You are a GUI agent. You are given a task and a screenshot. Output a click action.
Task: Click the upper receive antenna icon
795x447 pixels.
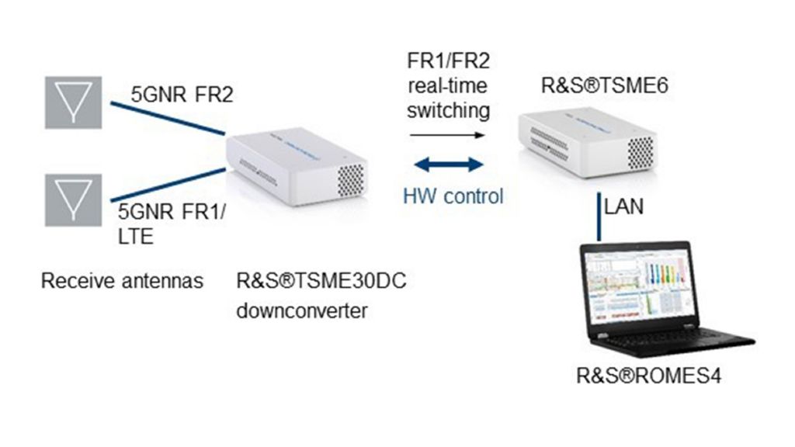point(73,102)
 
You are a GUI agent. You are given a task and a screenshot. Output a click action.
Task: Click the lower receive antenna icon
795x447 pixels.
point(73,199)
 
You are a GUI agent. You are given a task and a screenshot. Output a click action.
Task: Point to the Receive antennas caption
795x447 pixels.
point(122,280)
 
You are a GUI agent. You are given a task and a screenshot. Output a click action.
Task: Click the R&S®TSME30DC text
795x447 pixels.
point(321,280)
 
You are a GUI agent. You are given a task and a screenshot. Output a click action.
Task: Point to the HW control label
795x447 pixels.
point(453,196)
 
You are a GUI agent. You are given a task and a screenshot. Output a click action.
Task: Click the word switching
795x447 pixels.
point(449,110)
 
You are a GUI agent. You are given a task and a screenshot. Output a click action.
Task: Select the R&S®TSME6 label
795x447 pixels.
point(595,85)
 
